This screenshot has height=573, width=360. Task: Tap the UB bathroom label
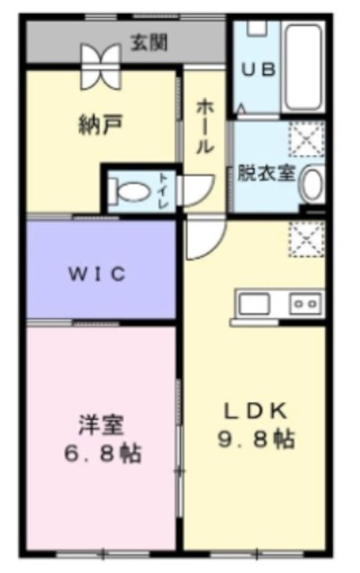pos(256,69)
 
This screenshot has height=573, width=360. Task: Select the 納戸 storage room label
pos(94,124)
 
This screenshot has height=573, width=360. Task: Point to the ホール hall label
pos(203,124)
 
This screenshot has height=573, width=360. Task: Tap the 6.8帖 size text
pos(100,453)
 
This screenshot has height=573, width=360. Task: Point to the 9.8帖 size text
pos(255,440)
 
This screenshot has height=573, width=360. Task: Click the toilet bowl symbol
pos(128,190)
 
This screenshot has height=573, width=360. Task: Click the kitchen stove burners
pos(304,304)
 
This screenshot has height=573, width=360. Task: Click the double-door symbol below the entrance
pos(99,67)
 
